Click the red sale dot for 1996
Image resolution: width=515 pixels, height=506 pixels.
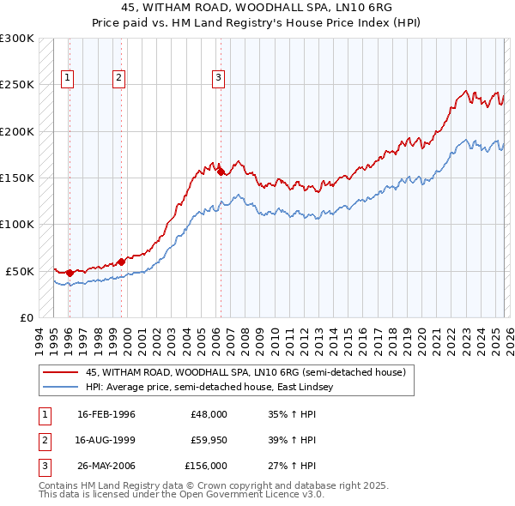pyautogui.click(x=70, y=273)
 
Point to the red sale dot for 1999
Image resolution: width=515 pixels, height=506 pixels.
pyautogui.click(x=121, y=261)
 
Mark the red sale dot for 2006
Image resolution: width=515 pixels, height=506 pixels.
pyautogui.click(x=221, y=172)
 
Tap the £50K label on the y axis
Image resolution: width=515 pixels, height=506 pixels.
pyautogui.click(x=20, y=271)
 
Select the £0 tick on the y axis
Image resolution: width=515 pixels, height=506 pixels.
pyautogui.click(x=26, y=317)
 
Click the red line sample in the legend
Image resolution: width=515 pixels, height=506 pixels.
pyautogui.click(x=61, y=372)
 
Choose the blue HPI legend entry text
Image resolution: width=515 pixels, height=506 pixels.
pyautogui.click(x=215, y=387)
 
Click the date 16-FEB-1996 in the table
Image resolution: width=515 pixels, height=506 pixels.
pyautogui.click(x=106, y=414)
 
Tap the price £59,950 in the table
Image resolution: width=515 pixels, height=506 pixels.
pyautogui.click(x=209, y=440)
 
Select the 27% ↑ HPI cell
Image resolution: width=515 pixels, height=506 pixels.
pyautogui.click(x=292, y=466)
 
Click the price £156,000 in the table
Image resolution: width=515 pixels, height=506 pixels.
pyautogui.click(x=206, y=466)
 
